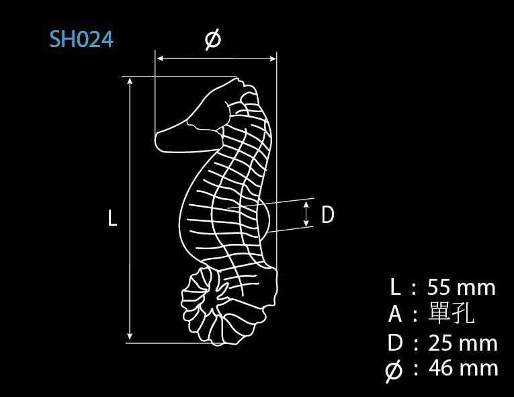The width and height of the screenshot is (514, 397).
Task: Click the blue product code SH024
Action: coord(81,40)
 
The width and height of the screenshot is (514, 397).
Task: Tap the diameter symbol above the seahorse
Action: coord(213,40)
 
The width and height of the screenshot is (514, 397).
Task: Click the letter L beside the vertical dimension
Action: coord(112,218)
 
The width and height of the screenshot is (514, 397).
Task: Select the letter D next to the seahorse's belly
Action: coord(327,215)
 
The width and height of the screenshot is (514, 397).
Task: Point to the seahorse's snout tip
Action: coord(155,140)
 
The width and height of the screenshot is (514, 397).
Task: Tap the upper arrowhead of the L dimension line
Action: coord(130,81)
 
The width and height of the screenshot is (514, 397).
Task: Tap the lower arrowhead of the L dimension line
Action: coord(130,336)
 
